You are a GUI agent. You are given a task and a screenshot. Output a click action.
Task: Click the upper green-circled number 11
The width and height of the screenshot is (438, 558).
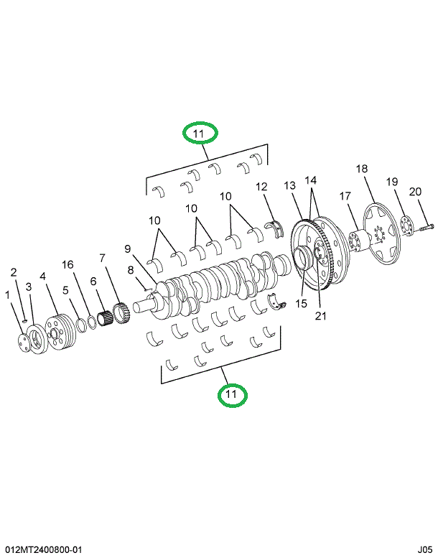click(x=199, y=134)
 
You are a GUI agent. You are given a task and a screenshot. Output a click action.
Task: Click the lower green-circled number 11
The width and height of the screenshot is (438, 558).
click(x=231, y=394)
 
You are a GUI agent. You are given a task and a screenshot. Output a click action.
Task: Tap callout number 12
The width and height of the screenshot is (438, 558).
click(x=262, y=187)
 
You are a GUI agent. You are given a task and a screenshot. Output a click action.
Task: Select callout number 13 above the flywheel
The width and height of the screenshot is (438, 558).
click(x=289, y=185)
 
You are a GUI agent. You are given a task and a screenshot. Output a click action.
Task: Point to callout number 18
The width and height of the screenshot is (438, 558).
click(x=362, y=169)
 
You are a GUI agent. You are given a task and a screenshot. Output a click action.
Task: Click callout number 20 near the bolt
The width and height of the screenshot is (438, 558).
click(x=416, y=192)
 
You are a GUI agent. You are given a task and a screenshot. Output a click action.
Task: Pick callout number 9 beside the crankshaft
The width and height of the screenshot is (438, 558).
click(x=127, y=249)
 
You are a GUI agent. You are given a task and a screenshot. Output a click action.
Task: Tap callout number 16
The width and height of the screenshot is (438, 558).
click(x=67, y=265)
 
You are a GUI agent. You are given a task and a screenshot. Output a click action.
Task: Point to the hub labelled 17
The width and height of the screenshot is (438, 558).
click(x=356, y=238)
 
